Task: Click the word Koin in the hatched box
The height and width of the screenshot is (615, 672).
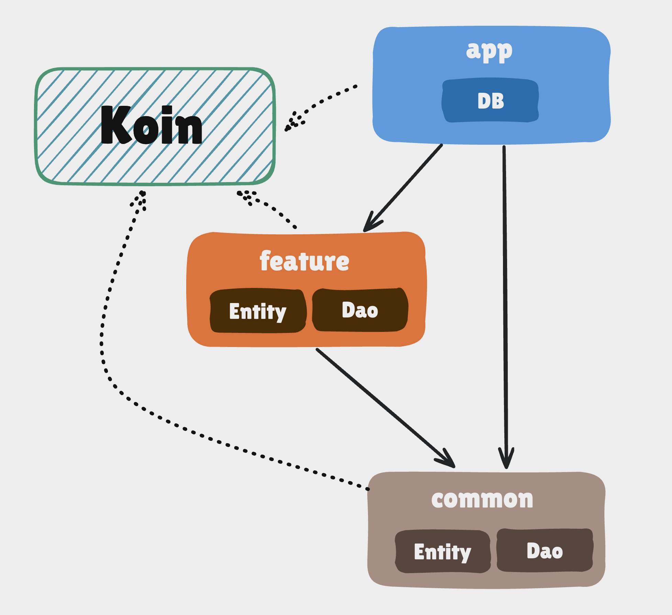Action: click(151, 125)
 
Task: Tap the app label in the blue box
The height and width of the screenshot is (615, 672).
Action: click(489, 51)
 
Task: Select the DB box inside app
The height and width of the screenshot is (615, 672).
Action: click(490, 101)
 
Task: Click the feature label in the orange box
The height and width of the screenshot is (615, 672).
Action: click(304, 261)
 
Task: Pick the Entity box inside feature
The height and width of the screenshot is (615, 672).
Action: click(258, 311)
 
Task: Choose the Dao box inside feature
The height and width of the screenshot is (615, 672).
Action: click(360, 310)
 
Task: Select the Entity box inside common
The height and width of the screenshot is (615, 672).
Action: click(443, 552)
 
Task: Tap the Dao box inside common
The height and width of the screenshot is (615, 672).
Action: click(545, 551)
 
